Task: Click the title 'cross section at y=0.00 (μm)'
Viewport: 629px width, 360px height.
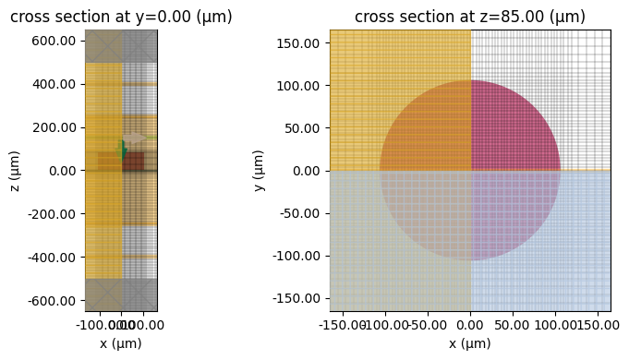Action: point(121,17)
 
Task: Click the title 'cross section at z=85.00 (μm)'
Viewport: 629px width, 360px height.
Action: point(469,17)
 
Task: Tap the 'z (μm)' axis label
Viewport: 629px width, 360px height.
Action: point(15,170)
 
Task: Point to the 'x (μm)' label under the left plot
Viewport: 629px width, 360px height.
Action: point(121,343)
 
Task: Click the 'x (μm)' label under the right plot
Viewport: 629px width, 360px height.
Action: point(469,343)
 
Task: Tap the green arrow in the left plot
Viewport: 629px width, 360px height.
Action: point(122,150)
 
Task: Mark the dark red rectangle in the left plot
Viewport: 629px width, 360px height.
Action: point(133,162)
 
